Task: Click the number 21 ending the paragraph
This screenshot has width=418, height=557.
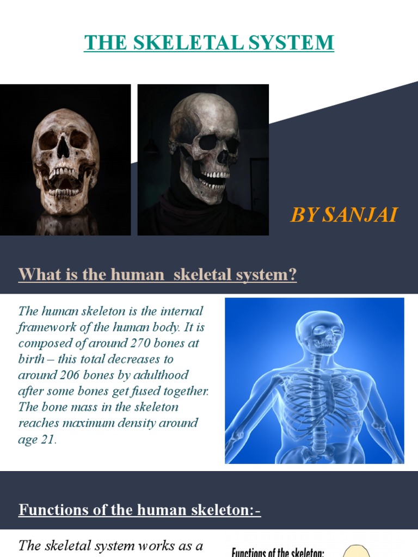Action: (x=47, y=440)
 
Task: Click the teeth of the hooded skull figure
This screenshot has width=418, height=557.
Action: (x=213, y=176)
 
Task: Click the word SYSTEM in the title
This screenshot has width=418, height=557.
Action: (x=294, y=42)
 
